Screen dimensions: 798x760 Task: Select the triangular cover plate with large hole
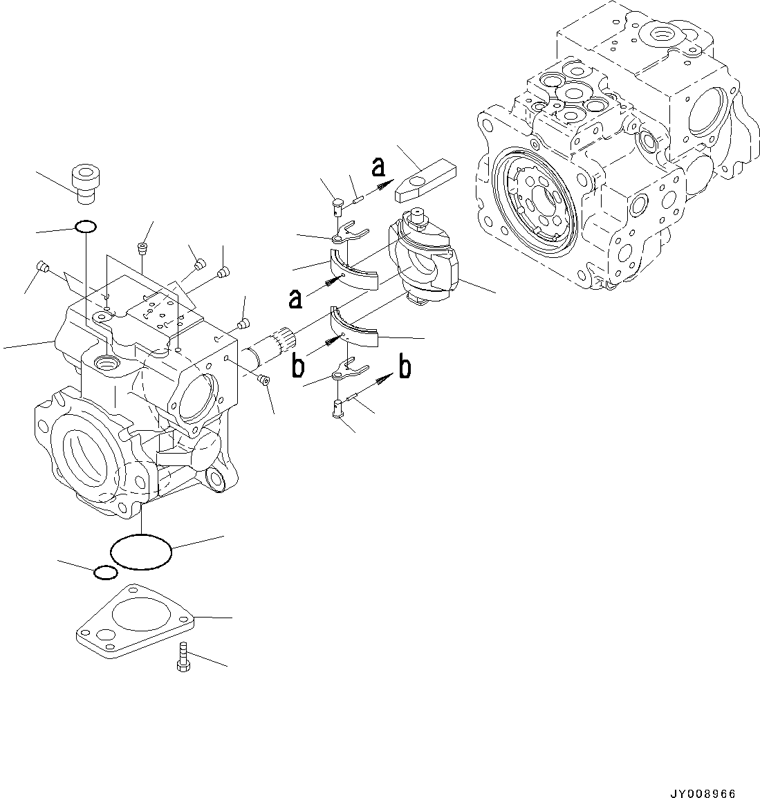pos(136,624)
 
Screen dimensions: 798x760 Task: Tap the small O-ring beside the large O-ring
pos(104,573)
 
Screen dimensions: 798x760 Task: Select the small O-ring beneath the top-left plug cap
pos(85,226)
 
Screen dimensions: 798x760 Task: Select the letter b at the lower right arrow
pos(405,366)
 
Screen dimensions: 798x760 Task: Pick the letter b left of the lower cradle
pos(298,366)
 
